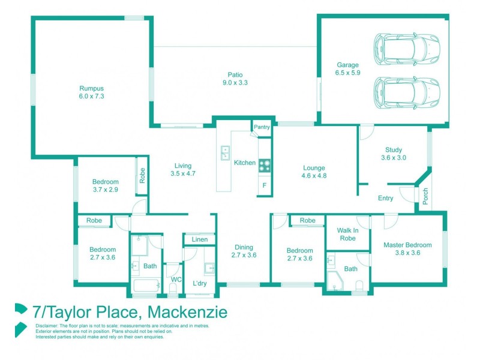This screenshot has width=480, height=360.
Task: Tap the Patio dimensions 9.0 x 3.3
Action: (235, 83)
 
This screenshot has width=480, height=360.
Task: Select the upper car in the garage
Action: (407, 47)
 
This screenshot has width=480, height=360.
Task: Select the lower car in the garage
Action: (407, 92)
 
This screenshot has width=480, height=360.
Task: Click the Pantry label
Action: (262, 127)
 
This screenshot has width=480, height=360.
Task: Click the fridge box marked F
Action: (264, 185)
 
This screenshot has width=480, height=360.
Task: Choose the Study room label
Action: (394, 150)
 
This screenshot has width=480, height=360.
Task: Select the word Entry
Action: (386, 199)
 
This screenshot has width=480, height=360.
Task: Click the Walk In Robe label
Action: (347, 234)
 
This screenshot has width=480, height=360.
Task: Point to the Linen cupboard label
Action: (200, 240)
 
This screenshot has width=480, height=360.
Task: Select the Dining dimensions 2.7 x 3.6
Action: (244, 255)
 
